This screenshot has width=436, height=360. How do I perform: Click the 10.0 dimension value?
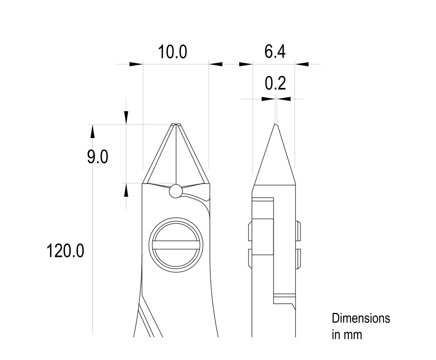[x=173, y=52]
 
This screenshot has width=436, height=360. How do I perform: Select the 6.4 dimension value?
[x=275, y=52]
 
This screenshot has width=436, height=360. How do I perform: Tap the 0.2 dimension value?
[x=275, y=83]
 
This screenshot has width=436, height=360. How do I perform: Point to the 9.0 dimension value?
[x=97, y=157]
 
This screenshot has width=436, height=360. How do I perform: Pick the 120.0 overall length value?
[x=65, y=251]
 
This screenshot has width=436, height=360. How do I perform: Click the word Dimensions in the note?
[x=361, y=318]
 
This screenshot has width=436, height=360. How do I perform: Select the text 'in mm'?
[x=347, y=335]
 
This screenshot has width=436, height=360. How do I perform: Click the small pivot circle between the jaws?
[x=176, y=191]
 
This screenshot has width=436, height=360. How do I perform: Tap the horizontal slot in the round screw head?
[x=176, y=245]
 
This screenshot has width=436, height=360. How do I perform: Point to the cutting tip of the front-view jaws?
[x=176, y=124]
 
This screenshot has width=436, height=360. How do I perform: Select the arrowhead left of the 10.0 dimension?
[x=136, y=64]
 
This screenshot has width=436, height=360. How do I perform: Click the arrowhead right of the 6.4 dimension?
[x=302, y=64]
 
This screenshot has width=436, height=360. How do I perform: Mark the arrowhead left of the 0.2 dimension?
[x=268, y=99]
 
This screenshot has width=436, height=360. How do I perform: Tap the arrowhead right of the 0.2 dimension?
[x=284, y=99]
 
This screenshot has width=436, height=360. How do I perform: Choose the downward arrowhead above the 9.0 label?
[x=126, y=117]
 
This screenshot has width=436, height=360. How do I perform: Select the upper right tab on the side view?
[x=298, y=231]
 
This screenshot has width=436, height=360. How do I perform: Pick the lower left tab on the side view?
[x=250, y=258]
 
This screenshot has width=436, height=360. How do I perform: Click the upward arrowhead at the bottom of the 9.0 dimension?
[x=126, y=190]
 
